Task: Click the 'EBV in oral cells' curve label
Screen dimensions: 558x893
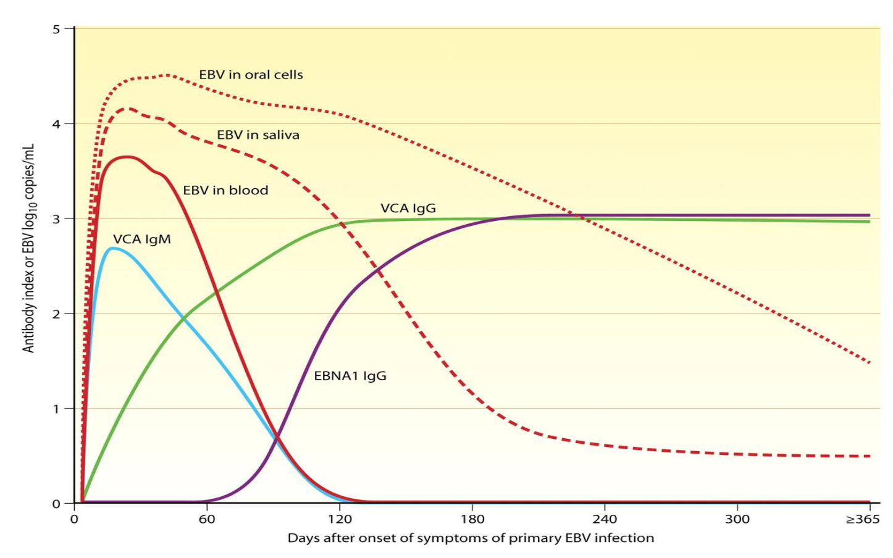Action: [x=251, y=75]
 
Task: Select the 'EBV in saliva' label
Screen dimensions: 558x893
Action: [x=258, y=135]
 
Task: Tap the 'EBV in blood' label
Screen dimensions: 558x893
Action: [x=225, y=190]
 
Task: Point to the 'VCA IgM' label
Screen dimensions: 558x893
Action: [x=141, y=239]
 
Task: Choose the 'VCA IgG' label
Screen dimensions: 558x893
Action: [x=408, y=208]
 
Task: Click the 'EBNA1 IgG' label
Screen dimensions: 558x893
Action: [x=350, y=375]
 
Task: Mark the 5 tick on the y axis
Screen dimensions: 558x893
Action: [x=56, y=29]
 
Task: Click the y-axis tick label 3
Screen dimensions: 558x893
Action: [x=56, y=219]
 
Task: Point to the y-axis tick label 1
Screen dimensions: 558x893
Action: [x=56, y=409]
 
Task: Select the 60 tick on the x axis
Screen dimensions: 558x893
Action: [x=207, y=519]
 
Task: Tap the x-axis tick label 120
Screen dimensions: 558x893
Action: [x=339, y=519]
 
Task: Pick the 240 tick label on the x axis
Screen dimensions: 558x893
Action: [x=604, y=519]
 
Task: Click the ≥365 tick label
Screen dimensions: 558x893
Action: [x=862, y=519]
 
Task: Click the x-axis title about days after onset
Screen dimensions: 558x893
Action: [x=471, y=538]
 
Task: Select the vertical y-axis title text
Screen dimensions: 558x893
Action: [x=28, y=248]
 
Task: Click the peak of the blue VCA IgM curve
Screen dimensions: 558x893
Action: [x=111, y=248]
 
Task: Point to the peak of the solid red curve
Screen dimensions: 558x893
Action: [x=127, y=157]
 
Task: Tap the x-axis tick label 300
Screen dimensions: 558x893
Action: [x=737, y=519]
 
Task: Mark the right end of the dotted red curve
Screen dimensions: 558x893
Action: [x=870, y=363]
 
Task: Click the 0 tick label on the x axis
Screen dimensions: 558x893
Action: [x=74, y=519]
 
